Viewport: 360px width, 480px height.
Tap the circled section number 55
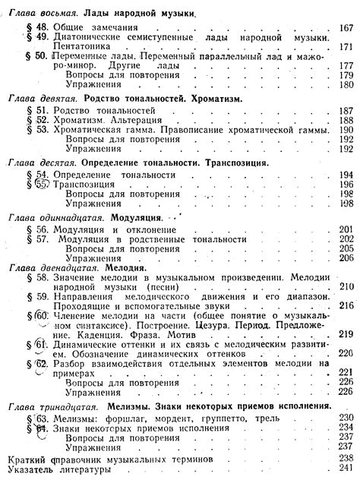tap(43, 184)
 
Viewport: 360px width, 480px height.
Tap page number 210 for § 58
tap(348, 286)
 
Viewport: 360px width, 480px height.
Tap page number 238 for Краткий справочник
tap(348, 459)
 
